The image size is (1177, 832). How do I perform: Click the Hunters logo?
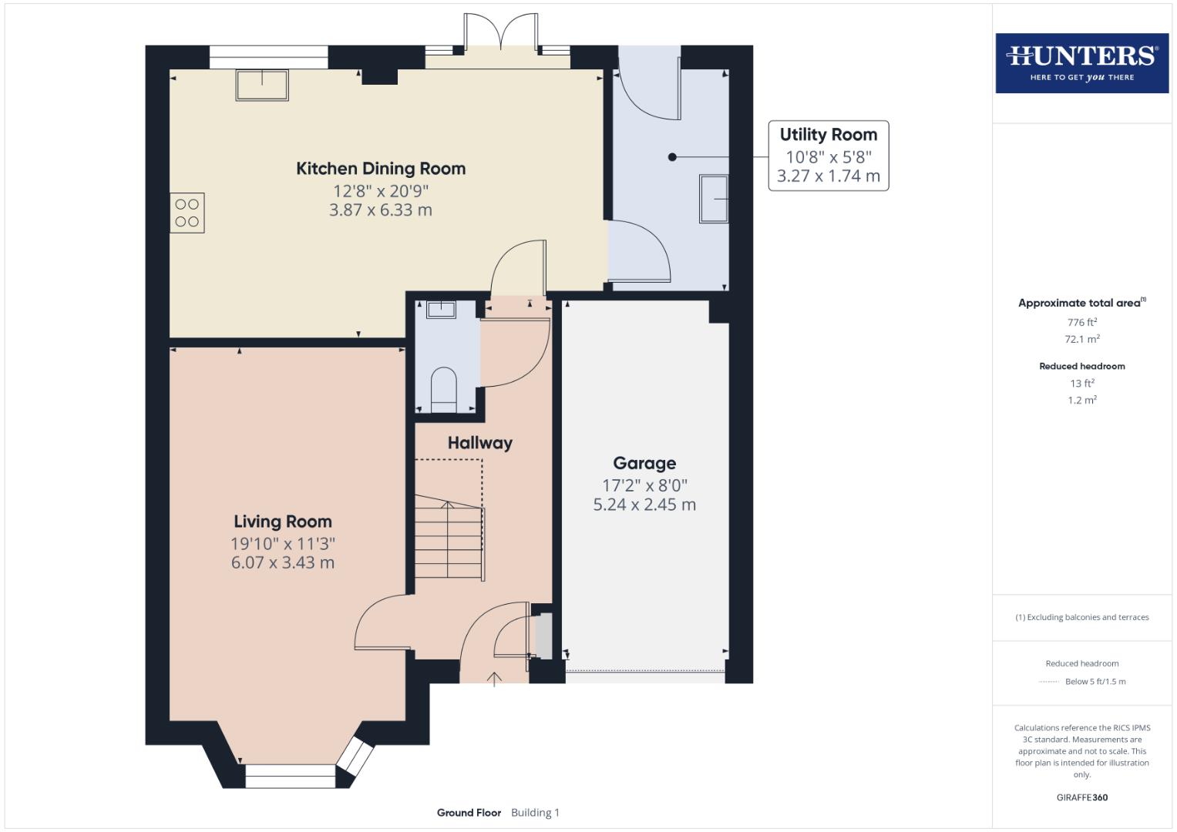coord(1081,63)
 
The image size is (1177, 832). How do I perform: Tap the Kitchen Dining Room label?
coord(381,169)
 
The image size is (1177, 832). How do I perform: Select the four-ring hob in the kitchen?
coord(187,213)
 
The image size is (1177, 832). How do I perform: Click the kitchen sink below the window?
coord(262,85)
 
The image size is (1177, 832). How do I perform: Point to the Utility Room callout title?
coord(828,135)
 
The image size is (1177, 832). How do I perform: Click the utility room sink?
coord(714,199)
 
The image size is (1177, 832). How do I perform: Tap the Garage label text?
coord(644,463)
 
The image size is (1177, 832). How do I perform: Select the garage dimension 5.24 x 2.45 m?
coord(644,505)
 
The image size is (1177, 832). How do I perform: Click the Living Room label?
coord(283,522)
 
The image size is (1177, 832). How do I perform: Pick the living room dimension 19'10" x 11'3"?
coord(283,543)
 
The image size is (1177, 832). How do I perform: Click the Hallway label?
coord(479,443)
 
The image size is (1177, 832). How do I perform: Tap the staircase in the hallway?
coord(449,539)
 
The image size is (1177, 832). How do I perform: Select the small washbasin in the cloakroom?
coord(441,310)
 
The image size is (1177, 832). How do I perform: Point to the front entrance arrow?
coord(494,679)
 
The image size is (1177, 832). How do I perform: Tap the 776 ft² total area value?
coord(1081,322)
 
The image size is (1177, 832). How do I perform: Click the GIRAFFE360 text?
coord(1081,797)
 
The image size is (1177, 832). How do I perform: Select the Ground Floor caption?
coord(469,813)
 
